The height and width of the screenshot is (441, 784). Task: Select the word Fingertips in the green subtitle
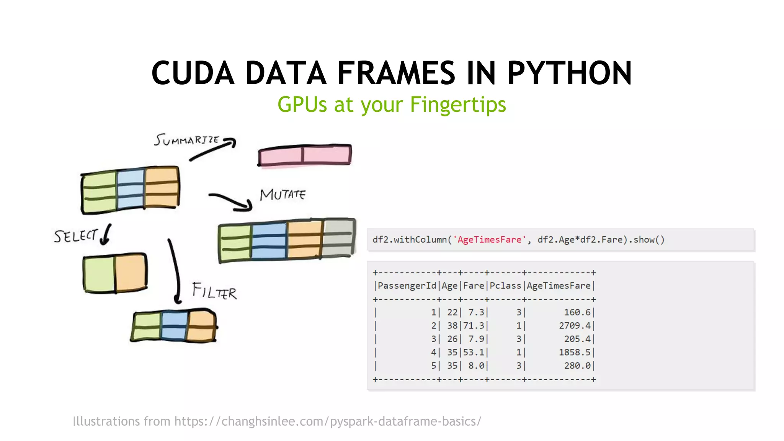[458, 105]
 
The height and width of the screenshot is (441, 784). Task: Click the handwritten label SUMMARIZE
[186, 140]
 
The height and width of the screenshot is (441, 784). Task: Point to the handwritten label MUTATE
[283, 195]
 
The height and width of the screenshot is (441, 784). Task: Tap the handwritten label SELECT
[76, 236]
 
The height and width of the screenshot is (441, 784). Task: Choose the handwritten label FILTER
[214, 291]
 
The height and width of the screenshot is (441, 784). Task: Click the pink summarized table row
[305, 155]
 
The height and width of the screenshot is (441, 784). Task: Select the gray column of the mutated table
[338, 238]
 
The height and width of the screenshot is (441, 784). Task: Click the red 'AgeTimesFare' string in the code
[489, 240]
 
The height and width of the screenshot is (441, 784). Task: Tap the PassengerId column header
[407, 286]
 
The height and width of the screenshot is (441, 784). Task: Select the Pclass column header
[505, 286]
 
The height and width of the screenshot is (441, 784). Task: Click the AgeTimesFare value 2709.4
[575, 326]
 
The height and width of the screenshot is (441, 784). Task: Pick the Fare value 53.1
[474, 352]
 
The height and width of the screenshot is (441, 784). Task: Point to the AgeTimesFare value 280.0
[577, 366]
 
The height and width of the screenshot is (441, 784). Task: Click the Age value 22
[452, 313]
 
